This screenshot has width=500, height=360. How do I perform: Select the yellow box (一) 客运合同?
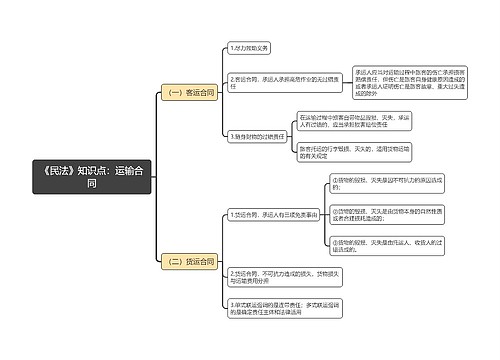[x=188, y=92]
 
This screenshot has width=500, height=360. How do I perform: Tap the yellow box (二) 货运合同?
[x=188, y=261]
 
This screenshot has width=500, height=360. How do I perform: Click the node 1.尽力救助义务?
[x=250, y=47]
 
